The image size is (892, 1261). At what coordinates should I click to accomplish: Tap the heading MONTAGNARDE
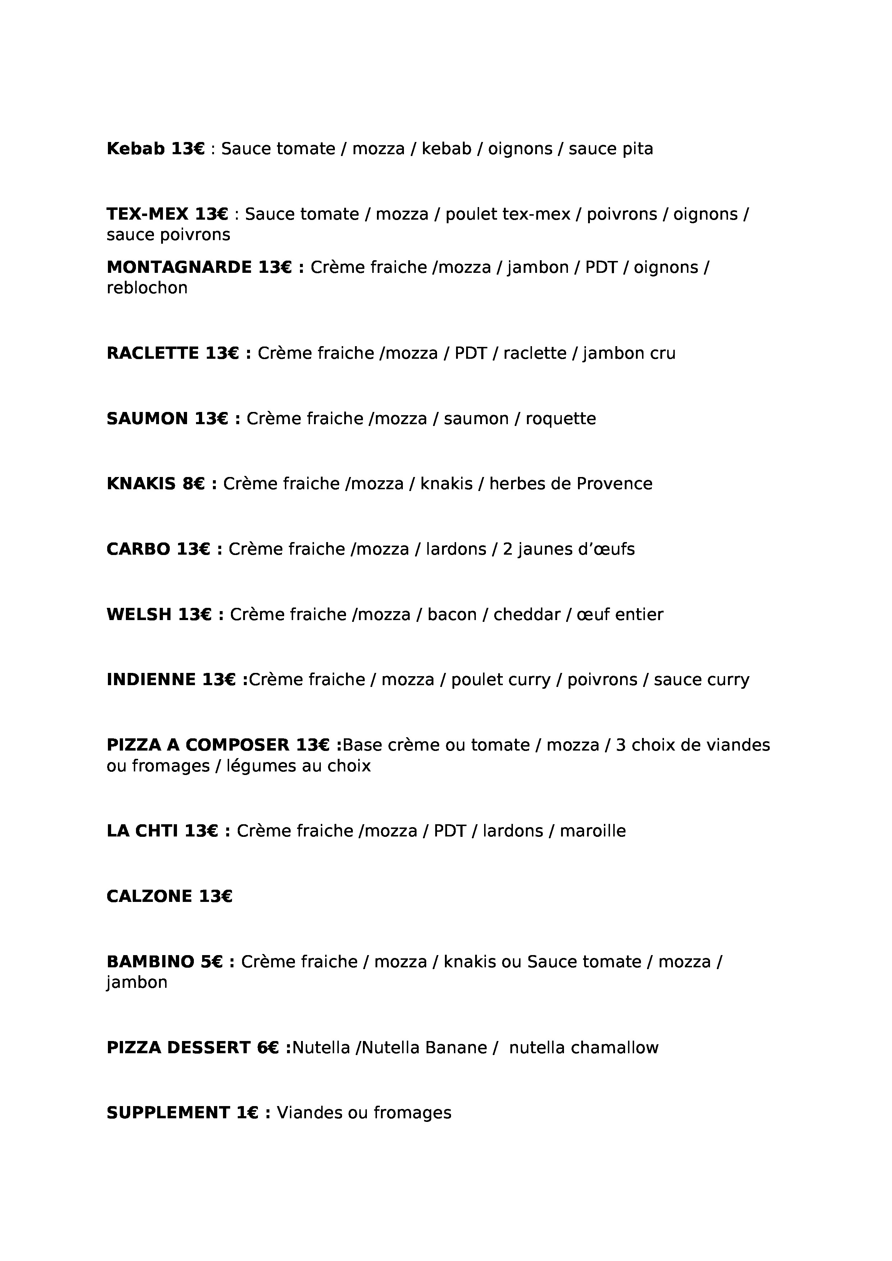point(179,267)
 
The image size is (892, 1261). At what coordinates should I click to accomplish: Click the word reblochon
point(147,288)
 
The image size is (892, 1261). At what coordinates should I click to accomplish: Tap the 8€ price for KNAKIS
point(194,484)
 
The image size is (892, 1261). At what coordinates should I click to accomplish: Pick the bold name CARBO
point(138,549)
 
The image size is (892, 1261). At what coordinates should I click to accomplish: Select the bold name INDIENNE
point(151,680)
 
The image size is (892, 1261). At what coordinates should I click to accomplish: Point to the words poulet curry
point(501,680)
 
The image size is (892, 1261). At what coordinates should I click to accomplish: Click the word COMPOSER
point(237,745)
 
